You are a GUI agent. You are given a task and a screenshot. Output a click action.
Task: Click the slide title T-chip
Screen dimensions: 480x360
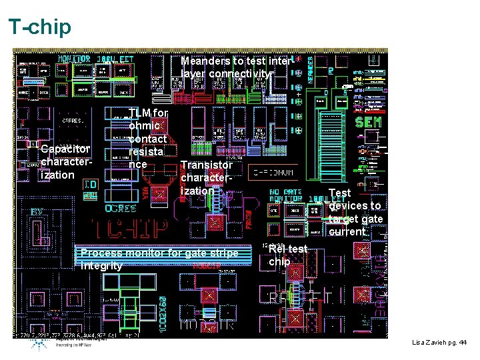pos(39,27)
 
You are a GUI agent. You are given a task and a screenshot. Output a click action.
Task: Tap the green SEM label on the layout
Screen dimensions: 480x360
pos(368,123)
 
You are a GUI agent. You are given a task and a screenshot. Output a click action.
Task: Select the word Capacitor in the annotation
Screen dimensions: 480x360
pos(65,149)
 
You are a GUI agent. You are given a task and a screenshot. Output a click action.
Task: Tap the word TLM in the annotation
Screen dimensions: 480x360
pos(140,113)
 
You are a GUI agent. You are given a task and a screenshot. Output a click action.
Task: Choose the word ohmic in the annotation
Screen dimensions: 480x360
pos(145,125)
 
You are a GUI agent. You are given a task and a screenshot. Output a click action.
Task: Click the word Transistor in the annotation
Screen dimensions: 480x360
pos(207,165)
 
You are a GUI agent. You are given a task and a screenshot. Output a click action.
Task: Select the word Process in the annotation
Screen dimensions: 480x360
pos(101,253)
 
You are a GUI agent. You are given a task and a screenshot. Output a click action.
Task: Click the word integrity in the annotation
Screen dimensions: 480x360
pos(101,266)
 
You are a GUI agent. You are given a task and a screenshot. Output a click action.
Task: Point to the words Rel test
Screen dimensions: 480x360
pos(287,249)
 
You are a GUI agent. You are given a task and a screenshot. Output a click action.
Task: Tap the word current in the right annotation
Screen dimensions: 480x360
pos(347,232)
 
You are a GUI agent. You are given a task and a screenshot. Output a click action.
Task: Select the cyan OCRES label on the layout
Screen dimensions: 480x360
pos(121,208)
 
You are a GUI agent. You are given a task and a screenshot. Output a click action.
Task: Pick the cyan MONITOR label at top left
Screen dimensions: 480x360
pos(74,59)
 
